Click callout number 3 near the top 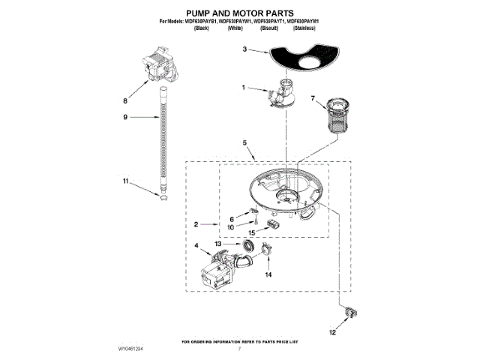click(244, 49)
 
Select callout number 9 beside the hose click(125, 116)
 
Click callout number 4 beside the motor click(196, 244)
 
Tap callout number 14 click(268, 274)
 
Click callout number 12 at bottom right click(333, 331)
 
